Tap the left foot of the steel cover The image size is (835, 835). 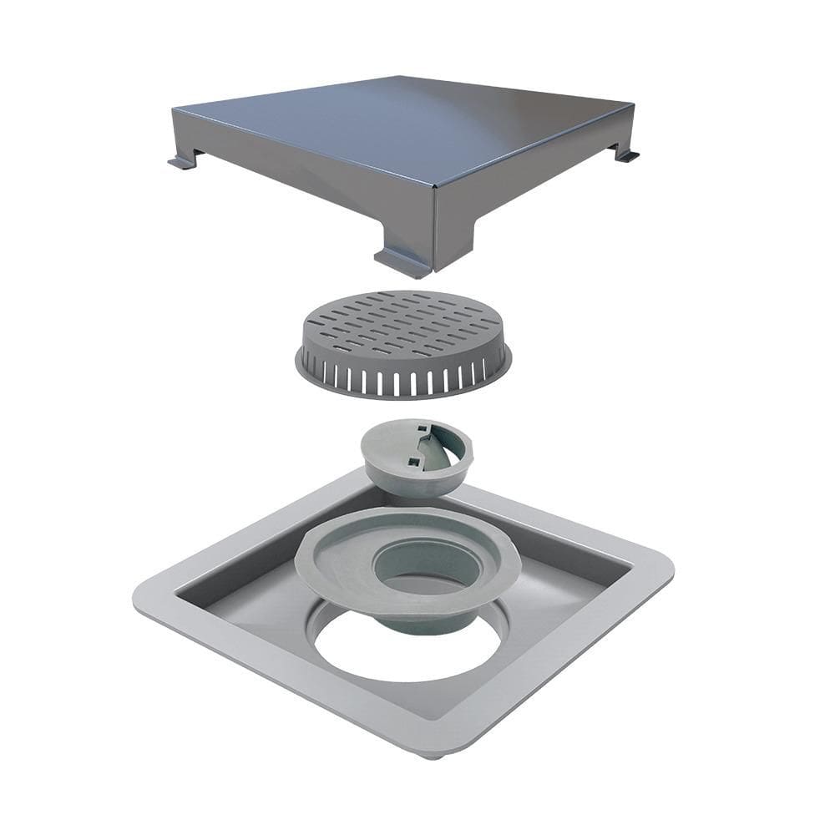(181, 161)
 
